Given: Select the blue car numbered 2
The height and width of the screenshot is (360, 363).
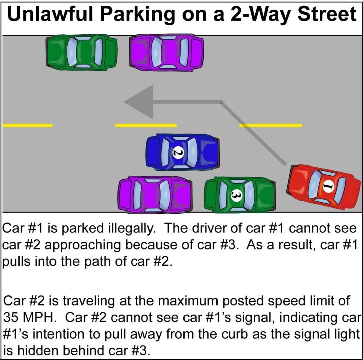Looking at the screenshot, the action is tap(183, 152).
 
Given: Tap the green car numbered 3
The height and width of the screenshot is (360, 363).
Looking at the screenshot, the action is tap(240, 195).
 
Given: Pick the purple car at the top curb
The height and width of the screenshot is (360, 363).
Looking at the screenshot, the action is tap(167, 52).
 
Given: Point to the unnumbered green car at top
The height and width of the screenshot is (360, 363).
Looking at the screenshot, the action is tap(82, 52).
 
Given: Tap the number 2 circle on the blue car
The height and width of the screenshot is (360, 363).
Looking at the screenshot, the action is tap(179, 152).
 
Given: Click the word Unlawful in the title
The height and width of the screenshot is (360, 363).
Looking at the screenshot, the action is tap(50, 14).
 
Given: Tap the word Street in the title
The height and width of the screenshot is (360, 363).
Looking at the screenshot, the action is tap(326, 14).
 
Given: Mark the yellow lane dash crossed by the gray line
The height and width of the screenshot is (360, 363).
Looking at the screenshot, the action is tap(270, 125).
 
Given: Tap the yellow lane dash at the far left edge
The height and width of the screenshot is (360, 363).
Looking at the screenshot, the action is tap(28, 125).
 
